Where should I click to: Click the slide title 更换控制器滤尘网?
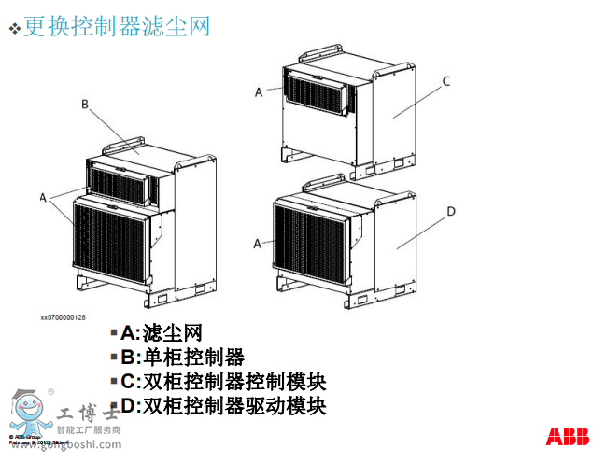[117, 26]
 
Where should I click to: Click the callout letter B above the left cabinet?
[84, 105]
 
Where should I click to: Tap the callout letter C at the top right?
[446, 81]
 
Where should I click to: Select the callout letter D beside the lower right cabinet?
[450, 212]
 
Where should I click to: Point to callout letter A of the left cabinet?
[43, 198]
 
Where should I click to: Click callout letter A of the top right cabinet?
[259, 91]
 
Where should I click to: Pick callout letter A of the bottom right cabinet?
[259, 243]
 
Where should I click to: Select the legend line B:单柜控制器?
[182, 357]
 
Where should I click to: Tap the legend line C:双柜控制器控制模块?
[223, 381]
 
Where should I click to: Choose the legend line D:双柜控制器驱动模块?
[223, 406]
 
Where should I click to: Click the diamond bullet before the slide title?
[14, 29]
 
